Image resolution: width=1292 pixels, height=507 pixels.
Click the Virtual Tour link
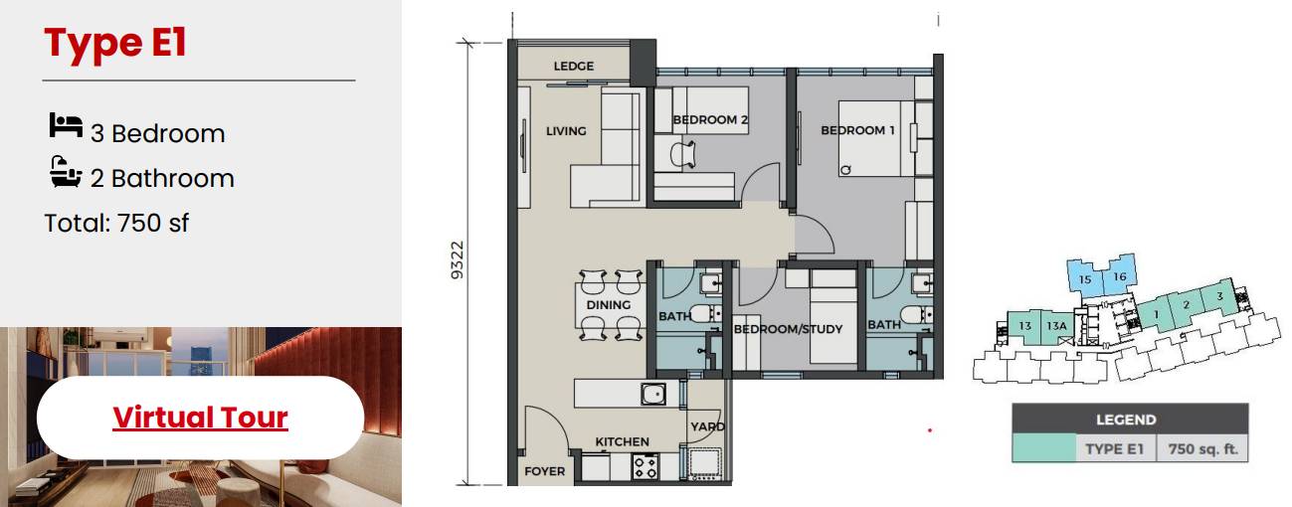point(200,418)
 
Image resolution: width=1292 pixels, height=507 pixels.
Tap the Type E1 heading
point(115,44)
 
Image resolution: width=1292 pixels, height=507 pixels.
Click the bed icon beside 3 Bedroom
point(66,125)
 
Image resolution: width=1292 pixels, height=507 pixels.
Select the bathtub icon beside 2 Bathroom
point(66,171)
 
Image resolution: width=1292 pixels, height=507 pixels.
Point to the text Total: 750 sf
point(116,224)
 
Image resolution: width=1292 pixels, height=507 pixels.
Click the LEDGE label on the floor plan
point(573,67)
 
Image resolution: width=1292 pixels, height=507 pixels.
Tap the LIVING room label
point(566,131)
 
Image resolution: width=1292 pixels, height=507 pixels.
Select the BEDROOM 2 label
point(710,120)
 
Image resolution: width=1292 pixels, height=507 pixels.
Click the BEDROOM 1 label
point(857,130)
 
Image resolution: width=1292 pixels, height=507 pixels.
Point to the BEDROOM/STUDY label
point(788,329)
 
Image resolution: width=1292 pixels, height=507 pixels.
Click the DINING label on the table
point(609,305)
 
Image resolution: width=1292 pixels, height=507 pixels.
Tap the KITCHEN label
point(623,441)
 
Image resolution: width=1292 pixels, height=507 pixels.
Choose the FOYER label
point(544,472)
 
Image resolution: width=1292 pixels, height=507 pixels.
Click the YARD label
point(708,426)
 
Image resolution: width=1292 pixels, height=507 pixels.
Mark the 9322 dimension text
point(457,260)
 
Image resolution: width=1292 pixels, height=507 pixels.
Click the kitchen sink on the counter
point(653,394)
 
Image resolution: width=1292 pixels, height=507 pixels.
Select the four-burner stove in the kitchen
point(645,466)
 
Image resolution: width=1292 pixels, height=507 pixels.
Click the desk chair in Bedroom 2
point(683,154)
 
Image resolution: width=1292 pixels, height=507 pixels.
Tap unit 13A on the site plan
point(1056,326)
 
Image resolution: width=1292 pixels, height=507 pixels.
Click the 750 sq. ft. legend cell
point(1202,449)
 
